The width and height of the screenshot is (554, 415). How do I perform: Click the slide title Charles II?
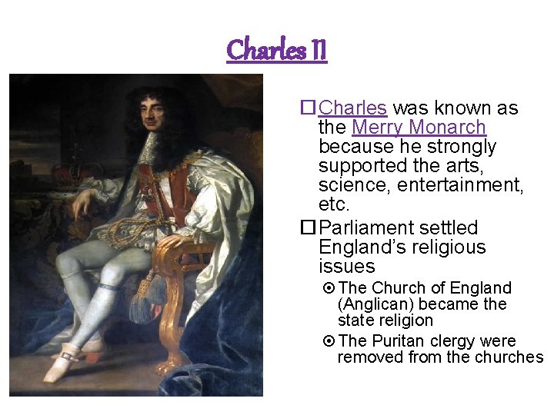tap(277, 50)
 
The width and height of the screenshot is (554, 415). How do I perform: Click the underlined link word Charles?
tap(352, 108)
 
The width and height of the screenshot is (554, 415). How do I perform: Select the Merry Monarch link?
tap(419, 128)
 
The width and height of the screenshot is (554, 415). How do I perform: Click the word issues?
tap(346, 267)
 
